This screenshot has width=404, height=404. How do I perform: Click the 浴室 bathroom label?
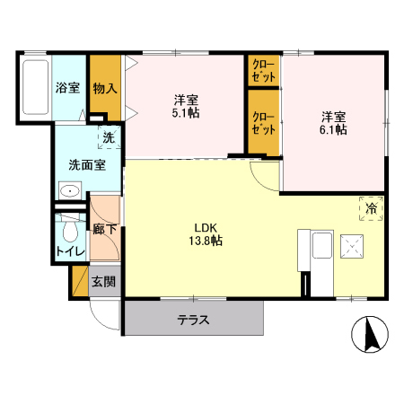pos(67,88)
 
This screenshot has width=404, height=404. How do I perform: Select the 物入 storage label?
pos(105,88)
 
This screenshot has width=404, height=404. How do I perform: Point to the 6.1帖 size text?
pos(334,129)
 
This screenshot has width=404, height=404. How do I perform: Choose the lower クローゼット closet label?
pos(264,123)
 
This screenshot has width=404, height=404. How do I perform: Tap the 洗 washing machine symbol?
pos(108,138)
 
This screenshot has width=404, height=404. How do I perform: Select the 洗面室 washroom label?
pos(87,165)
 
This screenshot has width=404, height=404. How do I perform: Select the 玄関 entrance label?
pos(104,281)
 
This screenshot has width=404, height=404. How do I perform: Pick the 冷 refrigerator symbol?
pos(372,208)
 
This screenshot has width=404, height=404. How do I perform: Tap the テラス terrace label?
pos(193,320)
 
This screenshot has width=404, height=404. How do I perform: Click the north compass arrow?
pos(367,335)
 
